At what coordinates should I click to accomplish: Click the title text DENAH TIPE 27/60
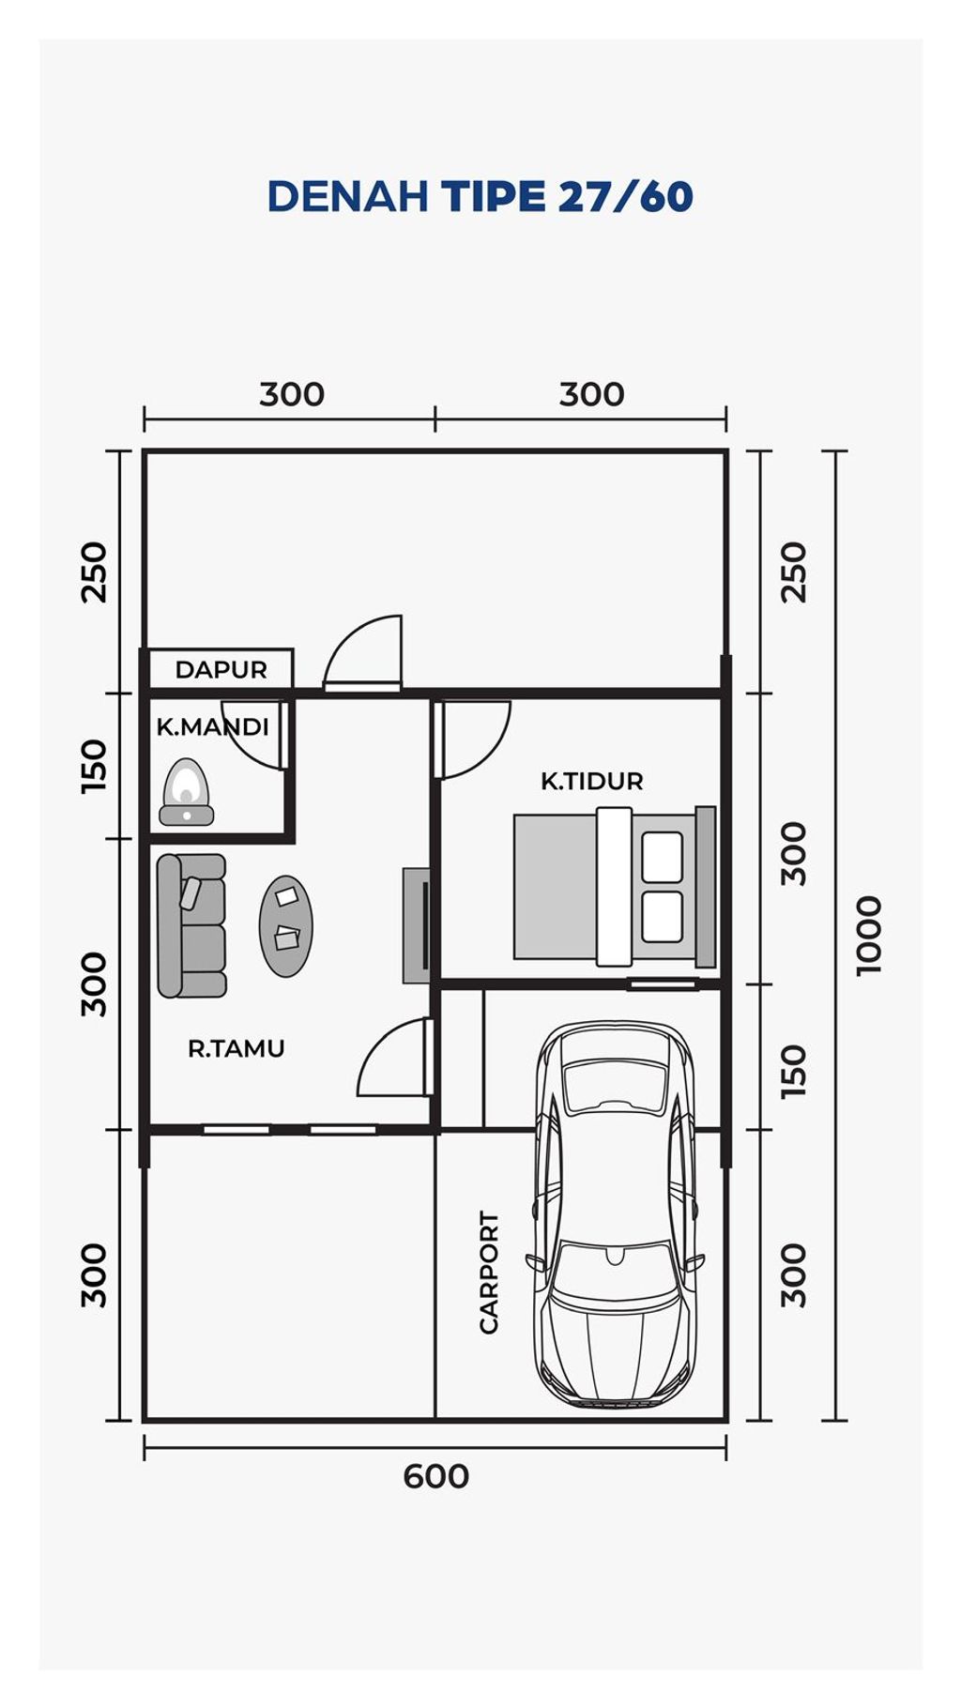click(480, 196)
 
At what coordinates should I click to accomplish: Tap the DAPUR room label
click(221, 670)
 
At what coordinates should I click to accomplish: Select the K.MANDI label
click(212, 726)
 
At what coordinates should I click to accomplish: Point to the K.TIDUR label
click(591, 781)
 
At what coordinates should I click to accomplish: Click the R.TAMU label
click(236, 1048)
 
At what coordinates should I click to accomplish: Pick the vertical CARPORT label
click(489, 1273)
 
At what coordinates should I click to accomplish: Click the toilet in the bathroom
click(187, 792)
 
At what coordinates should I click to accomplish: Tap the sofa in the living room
click(191, 925)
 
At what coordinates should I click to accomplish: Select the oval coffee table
click(286, 926)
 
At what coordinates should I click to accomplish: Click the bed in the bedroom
click(615, 887)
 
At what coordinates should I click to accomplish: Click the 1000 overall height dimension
click(869, 936)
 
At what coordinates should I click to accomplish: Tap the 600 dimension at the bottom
click(435, 1476)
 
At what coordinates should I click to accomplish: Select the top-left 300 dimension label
click(292, 394)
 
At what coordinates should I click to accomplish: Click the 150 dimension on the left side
click(94, 766)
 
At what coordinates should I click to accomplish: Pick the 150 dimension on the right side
click(794, 1071)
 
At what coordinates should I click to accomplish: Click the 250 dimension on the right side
click(794, 572)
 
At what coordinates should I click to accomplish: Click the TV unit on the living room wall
click(417, 925)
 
